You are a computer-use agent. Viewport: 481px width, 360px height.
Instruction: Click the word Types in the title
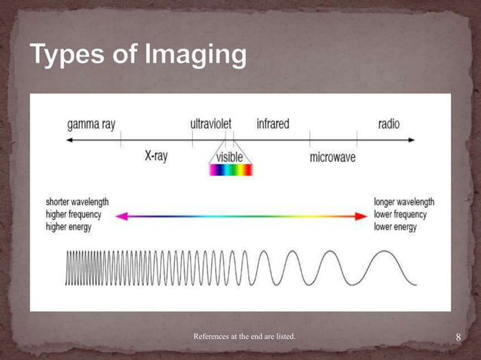coord(66,55)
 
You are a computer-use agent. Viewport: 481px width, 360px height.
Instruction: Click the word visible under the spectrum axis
coord(230,157)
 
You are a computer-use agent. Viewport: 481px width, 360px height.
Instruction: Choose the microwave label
coord(332,158)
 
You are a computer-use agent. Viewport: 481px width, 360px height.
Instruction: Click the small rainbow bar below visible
coord(230,170)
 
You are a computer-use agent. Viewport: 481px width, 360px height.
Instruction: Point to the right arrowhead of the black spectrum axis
coord(410,140)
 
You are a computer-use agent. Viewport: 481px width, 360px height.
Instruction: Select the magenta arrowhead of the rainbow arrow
coord(121,216)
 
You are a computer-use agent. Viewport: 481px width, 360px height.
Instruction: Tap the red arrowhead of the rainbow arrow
coord(360,216)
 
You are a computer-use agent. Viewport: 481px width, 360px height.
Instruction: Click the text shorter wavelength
coord(77,203)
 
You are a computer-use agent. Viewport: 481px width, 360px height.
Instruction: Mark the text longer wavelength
coord(404,203)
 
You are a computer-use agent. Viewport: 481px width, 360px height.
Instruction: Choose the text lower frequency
coord(400,215)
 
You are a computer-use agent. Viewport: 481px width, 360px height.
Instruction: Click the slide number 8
coord(458,337)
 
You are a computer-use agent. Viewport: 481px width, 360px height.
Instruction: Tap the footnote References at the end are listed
coord(244,335)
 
